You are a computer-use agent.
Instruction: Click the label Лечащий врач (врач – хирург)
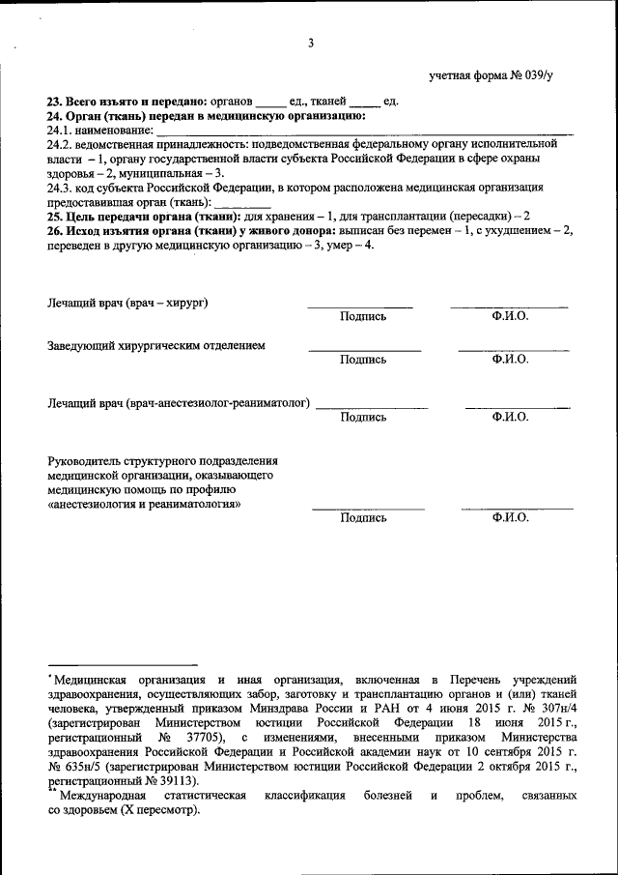(129, 304)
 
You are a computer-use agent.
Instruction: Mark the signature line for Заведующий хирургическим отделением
(364, 349)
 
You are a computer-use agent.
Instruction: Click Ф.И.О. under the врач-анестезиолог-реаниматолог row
(509, 418)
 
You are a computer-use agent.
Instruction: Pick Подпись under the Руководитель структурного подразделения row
(363, 518)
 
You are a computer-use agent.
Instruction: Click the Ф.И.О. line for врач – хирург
(509, 307)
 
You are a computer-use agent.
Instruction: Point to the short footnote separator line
(123, 665)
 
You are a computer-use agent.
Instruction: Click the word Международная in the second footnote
(102, 796)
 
